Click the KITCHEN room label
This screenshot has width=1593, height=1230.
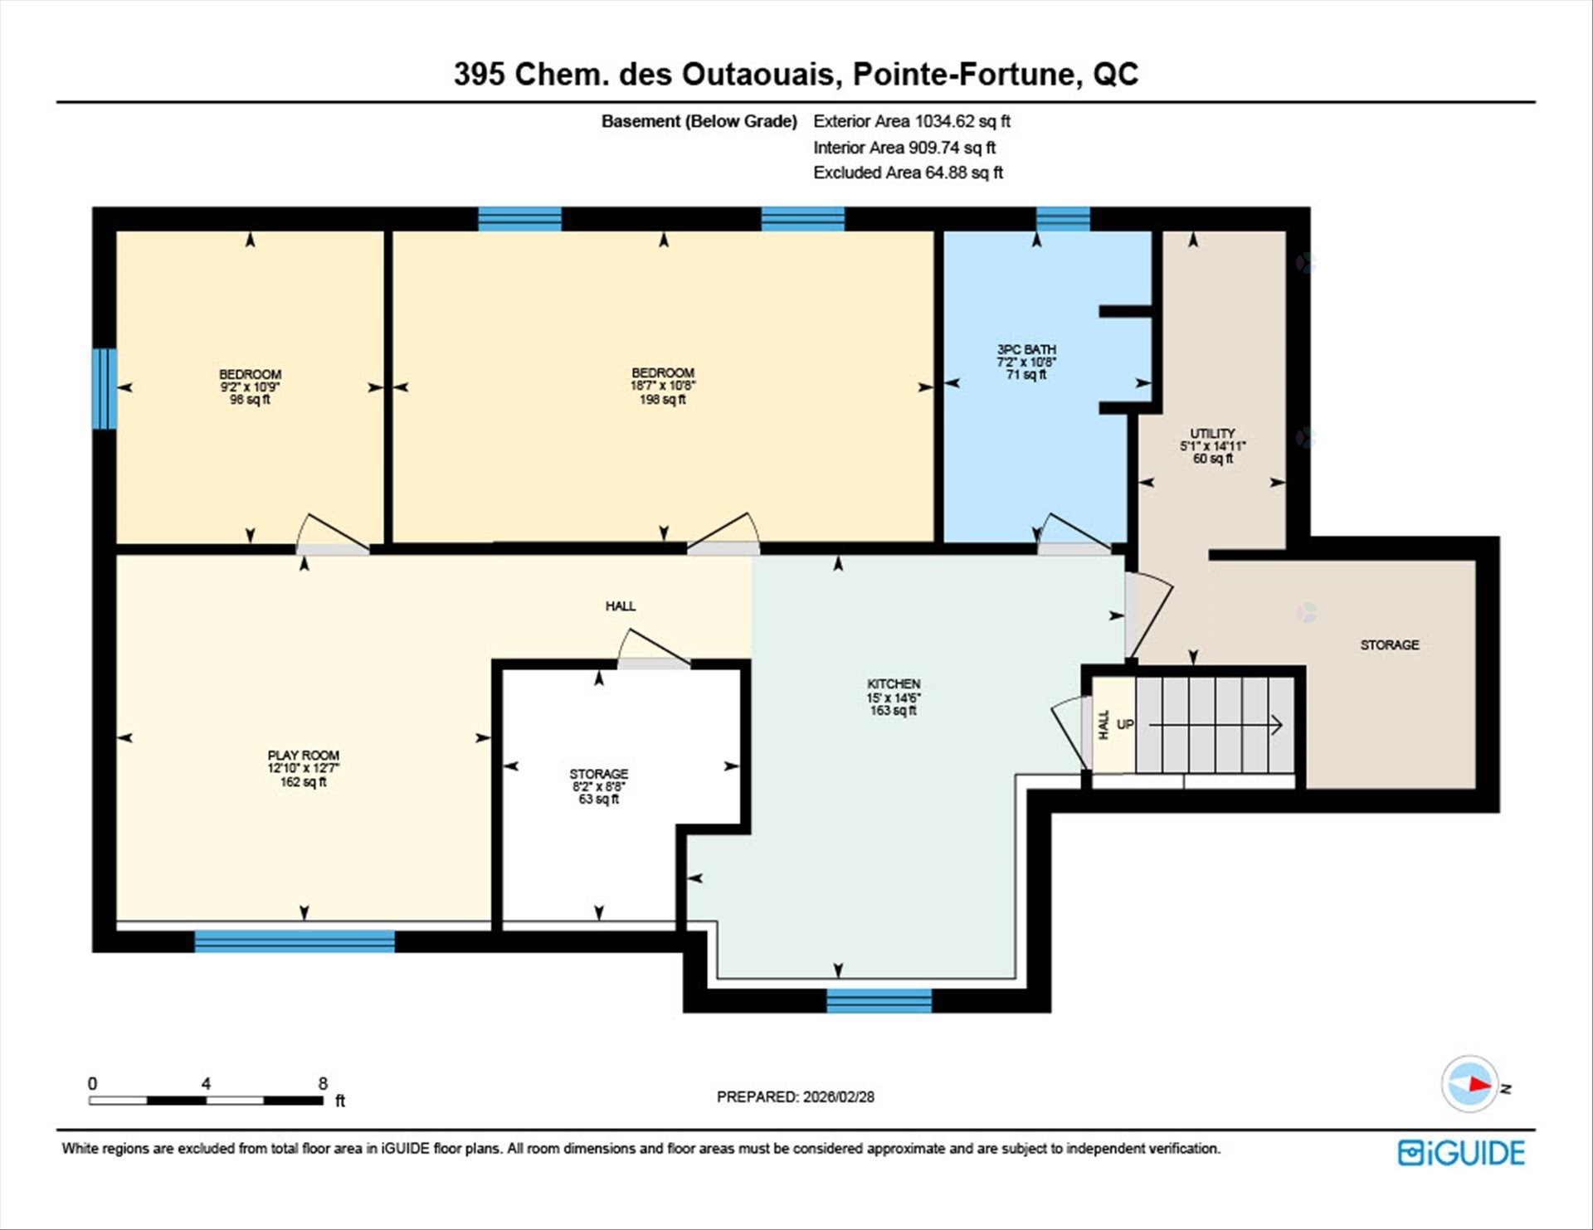click(x=894, y=684)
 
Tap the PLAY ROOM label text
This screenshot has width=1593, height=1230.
click(x=303, y=756)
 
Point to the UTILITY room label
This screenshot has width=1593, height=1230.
click(x=1212, y=434)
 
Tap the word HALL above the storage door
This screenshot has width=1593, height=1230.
click(x=620, y=606)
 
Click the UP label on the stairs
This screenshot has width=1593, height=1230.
click(x=1125, y=724)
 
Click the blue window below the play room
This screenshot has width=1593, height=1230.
click(x=295, y=941)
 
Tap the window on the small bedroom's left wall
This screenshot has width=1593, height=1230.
click(x=104, y=389)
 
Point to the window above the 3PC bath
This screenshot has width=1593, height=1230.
click(x=1063, y=219)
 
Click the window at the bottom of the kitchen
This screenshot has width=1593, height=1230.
click(x=879, y=1001)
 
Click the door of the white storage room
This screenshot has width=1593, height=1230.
click(x=653, y=651)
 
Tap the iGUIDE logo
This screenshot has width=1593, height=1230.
click(x=1461, y=1153)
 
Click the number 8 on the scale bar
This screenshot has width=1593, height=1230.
click(x=323, y=1083)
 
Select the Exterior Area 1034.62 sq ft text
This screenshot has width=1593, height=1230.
click(x=911, y=121)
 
